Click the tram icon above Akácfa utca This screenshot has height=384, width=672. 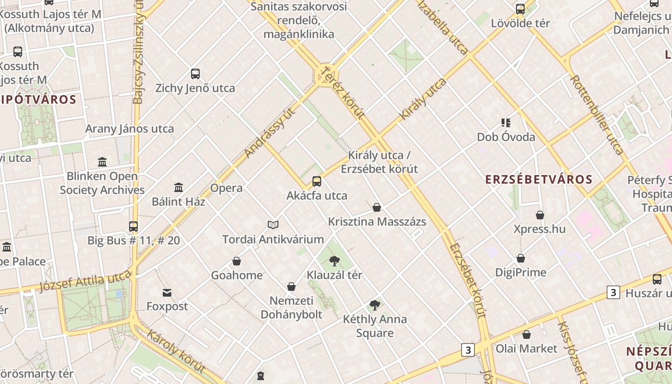coord(317,181)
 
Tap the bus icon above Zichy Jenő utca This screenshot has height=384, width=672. coord(195,73)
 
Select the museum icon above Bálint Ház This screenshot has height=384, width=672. coord(179,187)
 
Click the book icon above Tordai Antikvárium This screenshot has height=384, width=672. coord(273,224)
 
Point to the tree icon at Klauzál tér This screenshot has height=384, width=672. coord(335,261)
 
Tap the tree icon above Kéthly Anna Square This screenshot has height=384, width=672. coord(375,305)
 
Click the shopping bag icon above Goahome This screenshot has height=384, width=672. coord(237,261)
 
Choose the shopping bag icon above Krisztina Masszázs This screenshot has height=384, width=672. coord(377,207)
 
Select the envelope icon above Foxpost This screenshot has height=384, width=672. coord(167,292)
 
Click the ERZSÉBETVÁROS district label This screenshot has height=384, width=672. coord(539,180)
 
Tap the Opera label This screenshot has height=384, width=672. coord(226,188)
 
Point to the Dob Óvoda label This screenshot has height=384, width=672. coord(506,137)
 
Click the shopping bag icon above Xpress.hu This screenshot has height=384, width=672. coord(540,215)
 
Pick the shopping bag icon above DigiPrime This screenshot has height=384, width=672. coord(521,258)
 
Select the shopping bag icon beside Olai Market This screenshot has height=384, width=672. coord(527,335)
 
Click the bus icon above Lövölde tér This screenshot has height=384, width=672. coord(520,9)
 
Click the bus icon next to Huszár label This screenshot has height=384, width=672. coord(657,279)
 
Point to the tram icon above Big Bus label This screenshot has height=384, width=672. coord(133,226)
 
